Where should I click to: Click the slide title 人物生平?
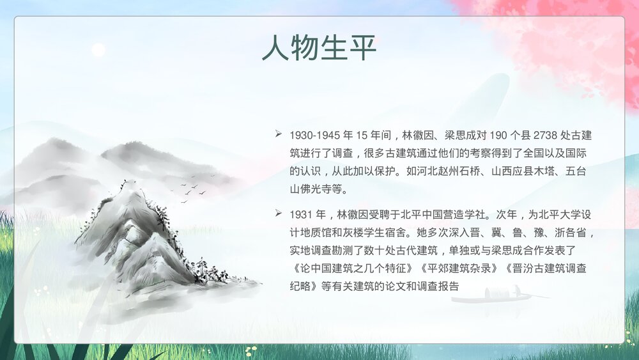coord(319,49)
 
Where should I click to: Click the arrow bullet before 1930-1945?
coord(279,134)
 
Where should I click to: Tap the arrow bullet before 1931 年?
coord(279,212)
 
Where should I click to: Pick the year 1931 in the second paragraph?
coord(300,214)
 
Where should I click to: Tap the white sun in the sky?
coord(98,50)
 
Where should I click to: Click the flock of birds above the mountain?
coord(187,189)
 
